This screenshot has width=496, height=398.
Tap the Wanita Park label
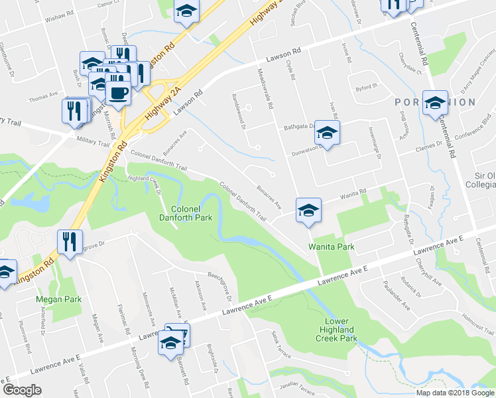click(332, 247)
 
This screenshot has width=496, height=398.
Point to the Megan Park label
click(58, 299)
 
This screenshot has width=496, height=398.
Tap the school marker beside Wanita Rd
click(308, 212)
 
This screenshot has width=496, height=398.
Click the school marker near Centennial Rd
click(435, 103)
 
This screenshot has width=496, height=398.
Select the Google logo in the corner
click(21, 390)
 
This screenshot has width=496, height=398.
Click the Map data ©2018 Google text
click(456, 393)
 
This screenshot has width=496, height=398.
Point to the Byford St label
click(365, 86)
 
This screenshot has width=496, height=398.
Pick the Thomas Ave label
click(44, 99)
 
